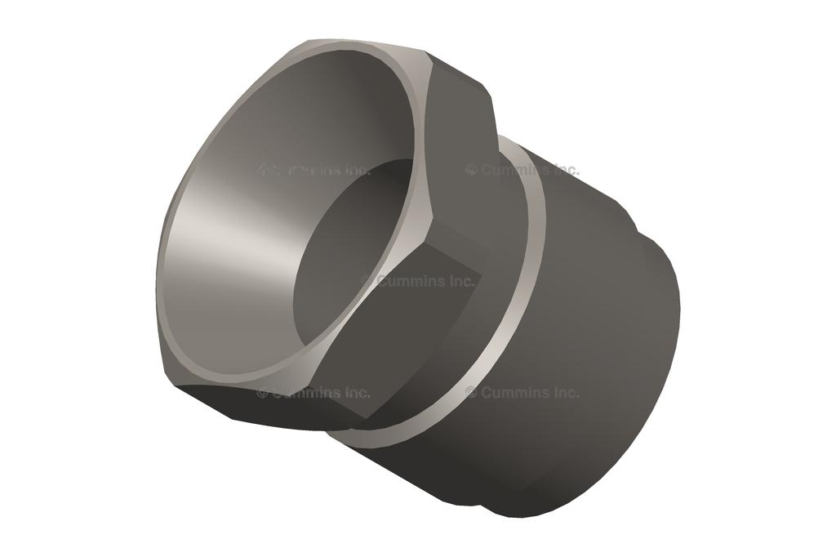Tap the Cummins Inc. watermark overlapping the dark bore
(x=417, y=281)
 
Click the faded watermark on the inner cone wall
(x=313, y=170)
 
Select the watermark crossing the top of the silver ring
(x=522, y=170)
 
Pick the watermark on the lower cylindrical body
(x=522, y=393)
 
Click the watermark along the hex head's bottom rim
(x=313, y=393)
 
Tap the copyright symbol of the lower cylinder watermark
(x=471, y=393)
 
